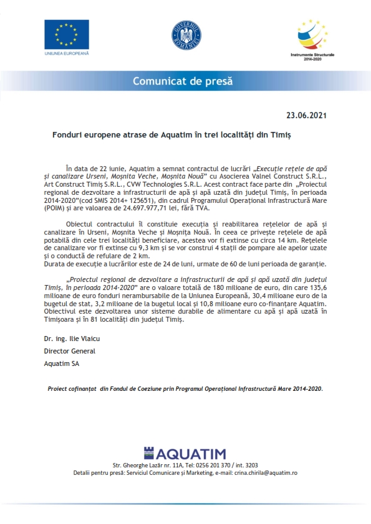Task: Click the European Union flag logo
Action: point(67,34)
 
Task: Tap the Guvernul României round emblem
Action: point(186,36)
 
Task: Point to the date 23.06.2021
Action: point(306,115)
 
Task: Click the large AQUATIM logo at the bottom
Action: point(185,453)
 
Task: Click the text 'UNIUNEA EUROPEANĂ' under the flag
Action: point(67,54)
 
